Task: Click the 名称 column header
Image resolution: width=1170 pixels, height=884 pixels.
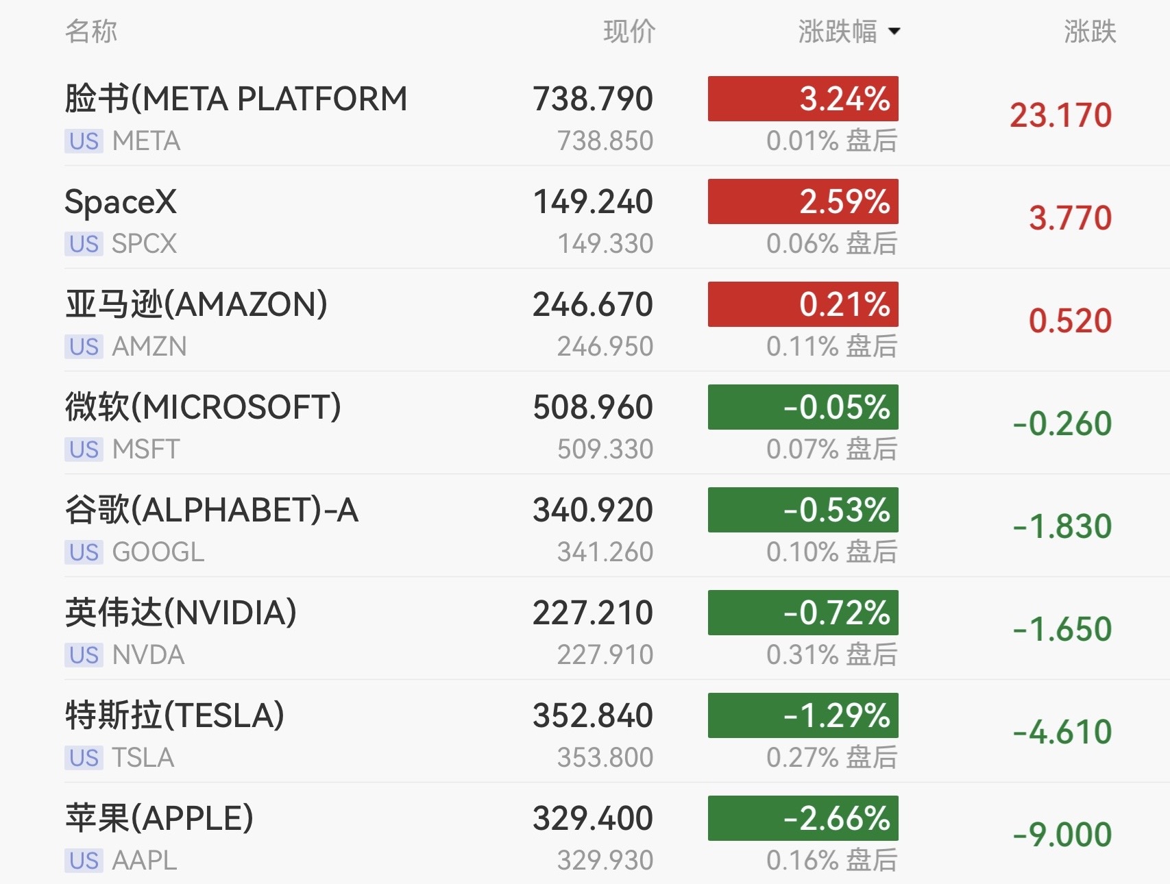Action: pyautogui.click(x=91, y=32)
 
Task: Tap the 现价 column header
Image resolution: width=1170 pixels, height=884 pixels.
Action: pyautogui.click(x=629, y=32)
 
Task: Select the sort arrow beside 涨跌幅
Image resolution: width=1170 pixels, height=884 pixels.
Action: pyautogui.click(x=894, y=32)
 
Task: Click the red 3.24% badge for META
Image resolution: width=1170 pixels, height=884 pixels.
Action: pyautogui.click(x=803, y=99)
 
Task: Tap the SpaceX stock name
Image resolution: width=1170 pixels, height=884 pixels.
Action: pyautogui.click(x=121, y=202)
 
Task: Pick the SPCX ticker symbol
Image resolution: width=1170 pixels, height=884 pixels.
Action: pyautogui.click(x=145, y=244)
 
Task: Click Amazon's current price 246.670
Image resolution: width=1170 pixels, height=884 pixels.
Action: pyautogui.click(x=593, y=305)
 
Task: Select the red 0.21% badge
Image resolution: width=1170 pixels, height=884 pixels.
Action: pyautogui.click(x=803, y=304)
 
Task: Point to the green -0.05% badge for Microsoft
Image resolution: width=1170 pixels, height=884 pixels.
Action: pyautogui.click(x=803, y=407)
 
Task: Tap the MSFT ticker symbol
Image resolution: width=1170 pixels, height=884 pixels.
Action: pyautogui.click(x=146, y=450)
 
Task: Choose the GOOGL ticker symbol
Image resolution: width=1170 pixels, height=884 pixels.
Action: pyautogui.click(x=158, y=552)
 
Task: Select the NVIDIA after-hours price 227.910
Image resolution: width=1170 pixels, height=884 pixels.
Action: pyautogui.click(x=605, y=655)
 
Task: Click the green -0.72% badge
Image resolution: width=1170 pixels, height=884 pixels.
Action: pyautogui.click(x=803, y=613)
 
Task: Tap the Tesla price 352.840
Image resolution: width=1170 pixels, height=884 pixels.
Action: pyautogui.click(x=593, y=716)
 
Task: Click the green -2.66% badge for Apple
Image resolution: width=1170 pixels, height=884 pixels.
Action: pyautogui.click(x=803, y=818)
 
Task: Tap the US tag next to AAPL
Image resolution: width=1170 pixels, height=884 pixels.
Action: pyautogui.click(x=84, y=861)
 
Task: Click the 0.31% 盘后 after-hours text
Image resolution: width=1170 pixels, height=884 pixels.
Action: pyautogui.click(x=832, y=655)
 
